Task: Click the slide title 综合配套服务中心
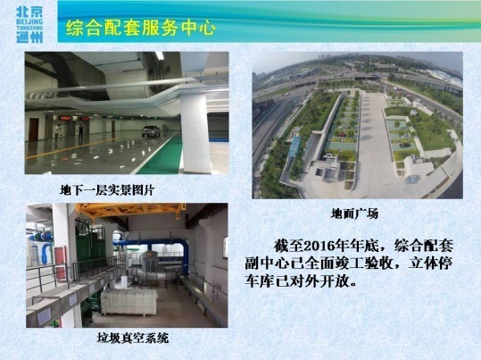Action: point(141,28)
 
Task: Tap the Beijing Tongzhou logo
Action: point(29,25)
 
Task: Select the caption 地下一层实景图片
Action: point(107,190)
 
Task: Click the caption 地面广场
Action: point(354,213)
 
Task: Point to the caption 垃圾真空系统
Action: point(132,338)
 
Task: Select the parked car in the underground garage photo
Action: point(151,131)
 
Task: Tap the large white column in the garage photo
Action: point(195,133)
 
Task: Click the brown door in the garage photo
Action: point(33,130)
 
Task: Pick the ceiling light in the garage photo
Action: point(160,55)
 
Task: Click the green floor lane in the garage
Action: point(161,155)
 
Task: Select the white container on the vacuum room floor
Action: point(129,302)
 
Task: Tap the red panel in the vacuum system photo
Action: point(61,262)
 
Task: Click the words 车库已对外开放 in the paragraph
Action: point(296,281)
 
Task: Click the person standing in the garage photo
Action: point(58,132)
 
